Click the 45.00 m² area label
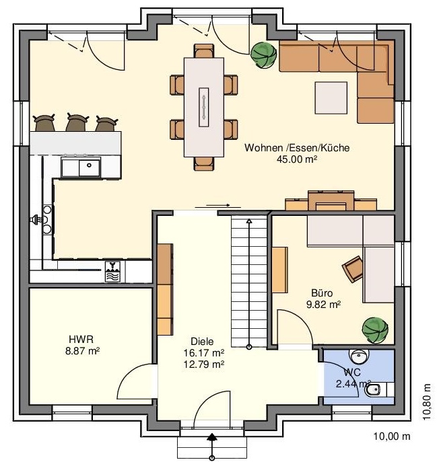tap(296, 159)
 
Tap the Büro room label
tap(322, 293)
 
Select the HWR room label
tap(81, 340)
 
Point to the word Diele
tap(202, 342)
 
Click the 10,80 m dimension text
tap(427, 401)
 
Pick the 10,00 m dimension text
tap(392, 436)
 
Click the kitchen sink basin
tap(90, 167)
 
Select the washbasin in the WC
tap(359, 356)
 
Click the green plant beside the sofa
tap(263, 55)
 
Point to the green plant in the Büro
tap(375, 330)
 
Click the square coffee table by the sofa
tap(331, 98)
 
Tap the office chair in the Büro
tap(353, 269)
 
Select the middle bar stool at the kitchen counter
tap(77, 122)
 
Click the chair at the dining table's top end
tap(204, 51)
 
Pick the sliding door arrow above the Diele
tap(217, 205)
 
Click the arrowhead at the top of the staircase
tap(249, 221)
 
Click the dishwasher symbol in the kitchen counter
tap(112, 272)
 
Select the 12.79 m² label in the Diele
tap(204, 364)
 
